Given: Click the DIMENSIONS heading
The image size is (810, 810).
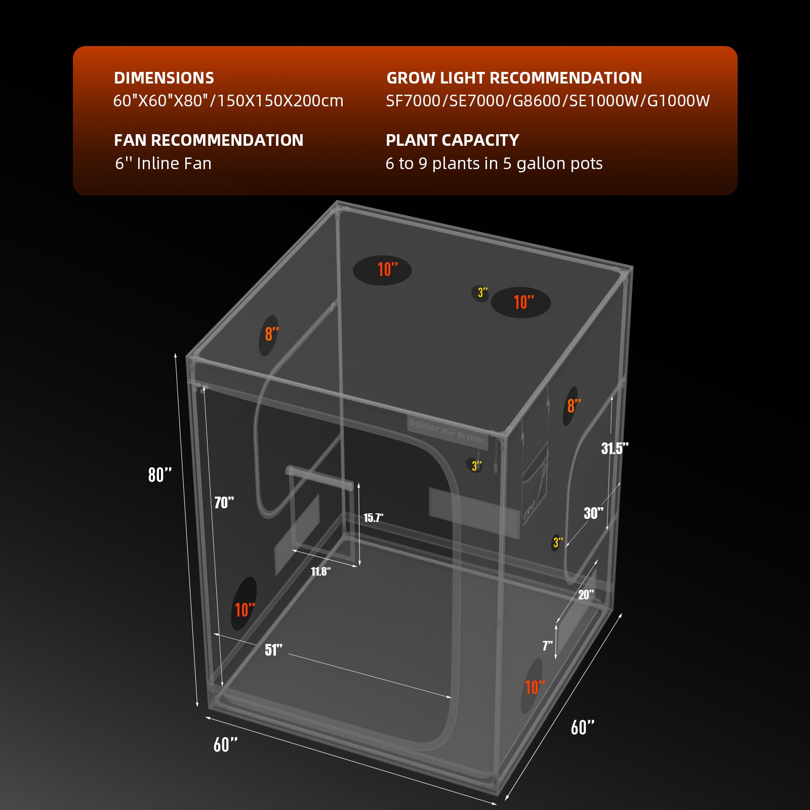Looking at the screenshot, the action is click(164, 78).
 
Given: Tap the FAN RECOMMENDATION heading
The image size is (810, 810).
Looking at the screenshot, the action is click(209, 140).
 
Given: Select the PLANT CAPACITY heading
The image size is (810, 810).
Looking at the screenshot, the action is click(453, 140).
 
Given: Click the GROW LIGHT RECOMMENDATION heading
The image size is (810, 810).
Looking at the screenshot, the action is click(514, 78).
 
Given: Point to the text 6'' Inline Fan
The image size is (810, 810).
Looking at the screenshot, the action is click(163, 164).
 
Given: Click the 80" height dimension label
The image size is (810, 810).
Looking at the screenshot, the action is click(160, 475).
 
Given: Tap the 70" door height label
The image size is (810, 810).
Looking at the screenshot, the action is click(224, 503).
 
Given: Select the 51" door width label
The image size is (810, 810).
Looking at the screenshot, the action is click(273, 650).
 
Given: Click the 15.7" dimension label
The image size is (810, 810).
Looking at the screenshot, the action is click(373, 517).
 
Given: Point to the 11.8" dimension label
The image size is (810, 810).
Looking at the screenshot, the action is click(320, 572).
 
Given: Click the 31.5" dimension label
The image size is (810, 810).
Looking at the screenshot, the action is click(615, 449).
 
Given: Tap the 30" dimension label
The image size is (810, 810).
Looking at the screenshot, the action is click(593, 513).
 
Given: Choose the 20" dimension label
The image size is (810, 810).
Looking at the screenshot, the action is click(586, 595).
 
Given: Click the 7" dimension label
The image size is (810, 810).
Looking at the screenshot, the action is click(547, 645).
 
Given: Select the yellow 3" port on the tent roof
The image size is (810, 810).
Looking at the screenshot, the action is click(481, 293).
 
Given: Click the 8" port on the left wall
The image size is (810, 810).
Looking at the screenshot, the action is click(269, 334).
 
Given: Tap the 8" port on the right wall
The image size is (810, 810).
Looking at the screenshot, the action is click(572, 406).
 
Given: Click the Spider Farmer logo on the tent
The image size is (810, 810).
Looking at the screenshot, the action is click(447, 431).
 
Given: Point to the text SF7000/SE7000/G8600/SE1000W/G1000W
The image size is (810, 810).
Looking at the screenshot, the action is click(548, 101).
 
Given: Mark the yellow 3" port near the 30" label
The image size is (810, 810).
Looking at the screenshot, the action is click(557, 543).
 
